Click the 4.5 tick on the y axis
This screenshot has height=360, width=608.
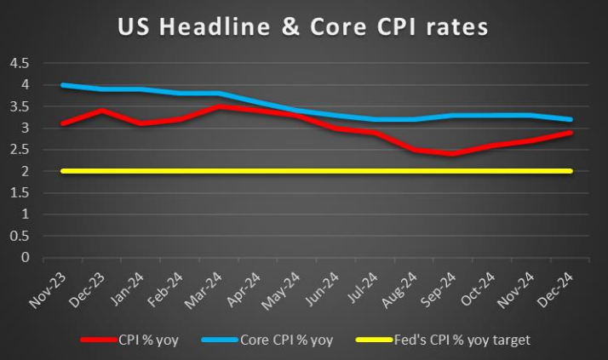pyautogui.click(x=19, y=63)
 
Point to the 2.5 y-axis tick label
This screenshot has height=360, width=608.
pyautogui.click(x=19, y=150)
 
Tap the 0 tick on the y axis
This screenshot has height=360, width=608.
pyautogui.click(x=25, y=257)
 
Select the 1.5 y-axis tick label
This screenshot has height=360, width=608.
pyautogui.click(x=19, y=192)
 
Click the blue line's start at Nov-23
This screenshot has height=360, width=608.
pyautogui.click(x=62, y=85)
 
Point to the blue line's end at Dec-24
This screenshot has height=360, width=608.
pyautogui.click(x=582, y=119)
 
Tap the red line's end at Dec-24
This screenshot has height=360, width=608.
pyautogui.click(x=582, y=133)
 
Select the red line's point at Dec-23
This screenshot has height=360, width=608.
pyautogui.click(x=102, y=111)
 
